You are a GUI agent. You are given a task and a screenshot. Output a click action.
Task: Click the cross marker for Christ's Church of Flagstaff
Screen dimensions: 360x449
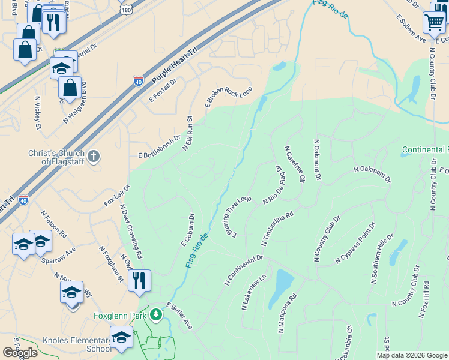[94, 157]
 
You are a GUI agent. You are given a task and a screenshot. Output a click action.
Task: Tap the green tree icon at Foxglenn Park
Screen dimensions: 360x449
[156, 315]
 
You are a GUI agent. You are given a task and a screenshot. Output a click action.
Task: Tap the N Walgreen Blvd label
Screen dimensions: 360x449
[76, 103]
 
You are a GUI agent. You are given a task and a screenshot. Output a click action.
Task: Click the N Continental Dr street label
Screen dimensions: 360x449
[244, 269]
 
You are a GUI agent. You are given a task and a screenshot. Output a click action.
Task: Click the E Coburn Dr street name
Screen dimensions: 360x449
[188, 230]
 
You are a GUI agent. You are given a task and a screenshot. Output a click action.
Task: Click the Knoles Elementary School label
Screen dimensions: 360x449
[77, 344]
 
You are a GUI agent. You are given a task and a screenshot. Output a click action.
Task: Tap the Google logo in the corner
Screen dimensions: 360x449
[20, 353]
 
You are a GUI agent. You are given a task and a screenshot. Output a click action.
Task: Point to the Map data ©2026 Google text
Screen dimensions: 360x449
[411, 355]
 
